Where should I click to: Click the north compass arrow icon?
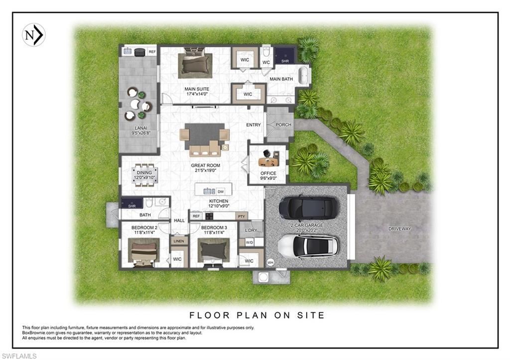coord(34,35)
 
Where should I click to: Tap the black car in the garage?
coord(308,208)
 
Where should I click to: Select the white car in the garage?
coord(308,246)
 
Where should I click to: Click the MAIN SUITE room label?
coord(197,90)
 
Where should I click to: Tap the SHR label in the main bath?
coord(285,61)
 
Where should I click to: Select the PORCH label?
coord(283,125)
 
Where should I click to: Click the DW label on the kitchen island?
coord(221,191)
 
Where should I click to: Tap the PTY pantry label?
coord(241,216)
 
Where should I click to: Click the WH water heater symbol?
coord(270,262)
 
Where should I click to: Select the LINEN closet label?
coord(178,241)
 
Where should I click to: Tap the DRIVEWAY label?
coord(400,229)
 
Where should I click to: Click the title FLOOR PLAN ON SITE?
coord(257,315)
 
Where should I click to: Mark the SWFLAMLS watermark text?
coord(19,356)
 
